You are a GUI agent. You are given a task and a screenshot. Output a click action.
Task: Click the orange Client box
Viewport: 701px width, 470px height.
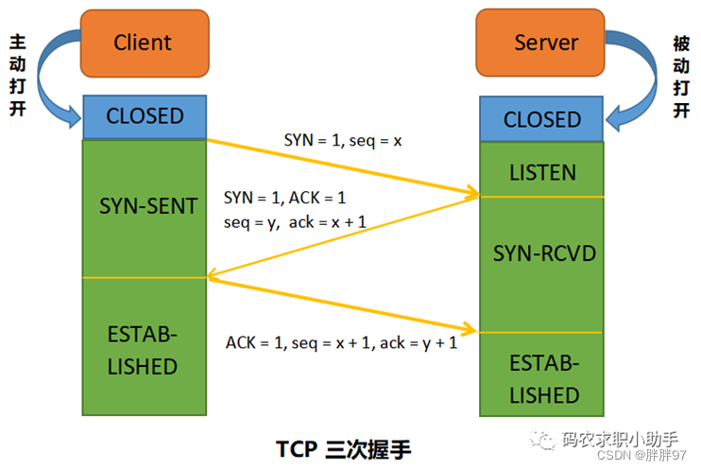[x=145, y=44]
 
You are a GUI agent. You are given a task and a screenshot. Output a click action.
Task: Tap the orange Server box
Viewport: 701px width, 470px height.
[x=540, y=43]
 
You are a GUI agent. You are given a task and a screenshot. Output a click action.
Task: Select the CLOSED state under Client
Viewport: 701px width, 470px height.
[x=145, y=116]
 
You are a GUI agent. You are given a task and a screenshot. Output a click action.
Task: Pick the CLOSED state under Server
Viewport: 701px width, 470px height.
[x=541, y=119]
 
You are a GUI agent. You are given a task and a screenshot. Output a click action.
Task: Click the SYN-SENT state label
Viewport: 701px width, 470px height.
[x=148, y=206]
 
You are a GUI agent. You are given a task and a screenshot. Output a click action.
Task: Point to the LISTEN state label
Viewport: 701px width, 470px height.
[x=542, y=173]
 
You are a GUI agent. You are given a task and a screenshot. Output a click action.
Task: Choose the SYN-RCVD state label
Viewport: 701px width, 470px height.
[x=544, y=253]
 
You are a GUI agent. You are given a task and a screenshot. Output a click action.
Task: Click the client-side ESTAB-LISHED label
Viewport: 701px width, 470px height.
[x=143, y=351]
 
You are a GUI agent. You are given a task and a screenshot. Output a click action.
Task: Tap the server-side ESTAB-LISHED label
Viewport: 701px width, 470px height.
[x=544, y=379]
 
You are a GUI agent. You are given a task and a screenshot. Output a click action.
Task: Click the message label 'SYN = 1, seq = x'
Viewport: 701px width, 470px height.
[x=343, y=141]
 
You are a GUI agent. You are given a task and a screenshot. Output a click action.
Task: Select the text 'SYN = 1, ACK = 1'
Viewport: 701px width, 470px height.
[x=284, y=198]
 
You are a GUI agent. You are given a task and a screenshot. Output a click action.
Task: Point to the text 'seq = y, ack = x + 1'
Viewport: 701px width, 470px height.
[x=295, y=222]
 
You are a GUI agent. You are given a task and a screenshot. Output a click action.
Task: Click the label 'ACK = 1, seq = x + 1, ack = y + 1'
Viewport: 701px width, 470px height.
[x=342, y=343]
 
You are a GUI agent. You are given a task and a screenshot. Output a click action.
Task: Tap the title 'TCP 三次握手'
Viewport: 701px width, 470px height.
[x=343, y=449]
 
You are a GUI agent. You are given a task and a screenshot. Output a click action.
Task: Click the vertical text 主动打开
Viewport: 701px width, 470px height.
[x=18, y=76]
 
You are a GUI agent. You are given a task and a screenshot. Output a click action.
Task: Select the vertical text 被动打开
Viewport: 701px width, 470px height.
[x=681, y=77]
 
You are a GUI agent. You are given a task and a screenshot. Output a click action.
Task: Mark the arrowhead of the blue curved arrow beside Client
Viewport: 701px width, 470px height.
[x=74, y=117]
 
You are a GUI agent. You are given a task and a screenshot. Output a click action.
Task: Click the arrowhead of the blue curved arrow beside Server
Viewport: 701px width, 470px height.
[x=613, y=119]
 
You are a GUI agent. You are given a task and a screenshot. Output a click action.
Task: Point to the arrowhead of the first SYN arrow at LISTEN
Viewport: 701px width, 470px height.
[x=474, y=192]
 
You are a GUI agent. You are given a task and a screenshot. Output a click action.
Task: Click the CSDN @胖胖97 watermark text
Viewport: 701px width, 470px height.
[x=641, y=455]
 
